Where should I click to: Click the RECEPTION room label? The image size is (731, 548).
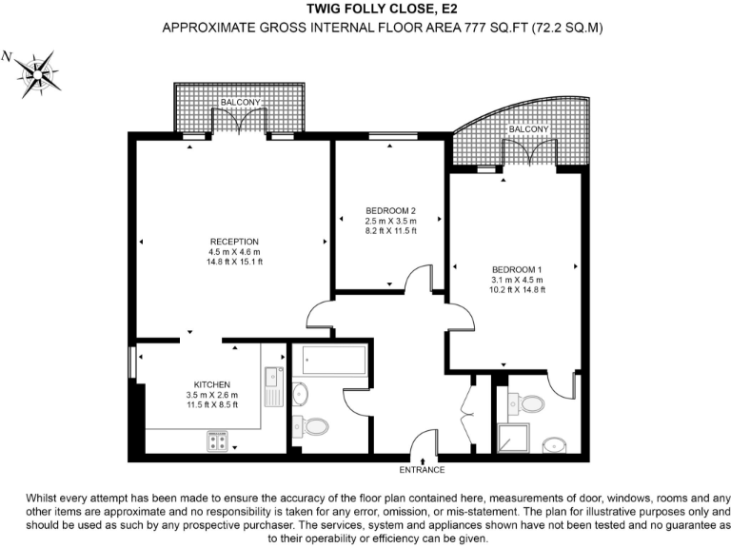click(x=234, y=242)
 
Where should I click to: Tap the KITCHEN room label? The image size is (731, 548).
click(x=212, y=384)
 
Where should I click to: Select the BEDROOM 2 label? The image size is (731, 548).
click(x=391, y=210)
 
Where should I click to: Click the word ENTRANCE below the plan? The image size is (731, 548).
click(x=422, y=470)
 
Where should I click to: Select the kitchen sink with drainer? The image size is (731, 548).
click(x=273, y=386)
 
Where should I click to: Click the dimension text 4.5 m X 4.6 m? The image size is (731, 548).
click(x=234, y=251)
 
